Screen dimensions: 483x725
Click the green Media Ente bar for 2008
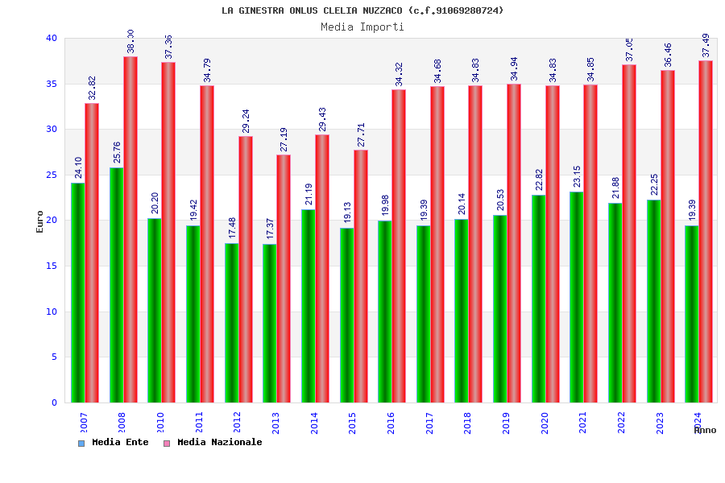click(117, 285)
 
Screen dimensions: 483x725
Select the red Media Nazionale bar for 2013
click(284, 279)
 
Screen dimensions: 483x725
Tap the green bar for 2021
click(577, 297)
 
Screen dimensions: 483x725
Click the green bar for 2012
click(232, 323)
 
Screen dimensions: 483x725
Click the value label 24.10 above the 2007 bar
click(79, 167)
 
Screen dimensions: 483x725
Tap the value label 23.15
click(578, 176)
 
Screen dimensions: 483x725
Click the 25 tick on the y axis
click(52, 175)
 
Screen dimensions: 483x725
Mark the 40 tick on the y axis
click(52, 38)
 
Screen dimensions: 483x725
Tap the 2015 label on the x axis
click(353, 423)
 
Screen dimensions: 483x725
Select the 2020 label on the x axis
click(545, 423)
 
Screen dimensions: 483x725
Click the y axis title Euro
click(40, 221)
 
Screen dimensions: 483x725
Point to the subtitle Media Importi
click(362, 27)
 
